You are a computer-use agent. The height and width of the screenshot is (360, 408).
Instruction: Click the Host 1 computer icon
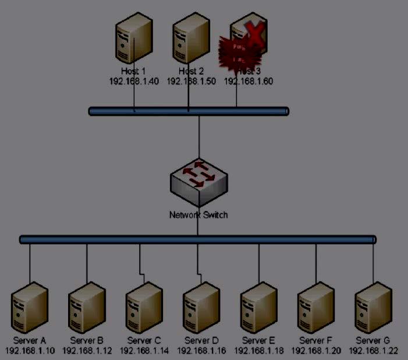134,38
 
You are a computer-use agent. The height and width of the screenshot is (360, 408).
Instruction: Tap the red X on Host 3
254,33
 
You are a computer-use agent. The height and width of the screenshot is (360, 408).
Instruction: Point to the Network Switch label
198,215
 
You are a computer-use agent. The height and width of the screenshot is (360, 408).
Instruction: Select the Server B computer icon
87,308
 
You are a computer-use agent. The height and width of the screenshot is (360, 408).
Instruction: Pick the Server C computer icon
144,308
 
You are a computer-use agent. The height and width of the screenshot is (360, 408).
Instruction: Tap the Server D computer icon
201,308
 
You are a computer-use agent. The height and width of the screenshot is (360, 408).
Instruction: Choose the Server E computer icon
258,308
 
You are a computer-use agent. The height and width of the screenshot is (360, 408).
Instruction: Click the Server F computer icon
315,308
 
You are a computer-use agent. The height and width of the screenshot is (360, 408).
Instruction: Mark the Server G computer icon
372,308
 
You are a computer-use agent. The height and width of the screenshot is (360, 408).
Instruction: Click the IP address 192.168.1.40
134,81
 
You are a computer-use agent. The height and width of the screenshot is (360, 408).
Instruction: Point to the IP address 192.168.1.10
30,351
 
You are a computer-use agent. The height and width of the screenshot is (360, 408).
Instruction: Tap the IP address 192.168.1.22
373,351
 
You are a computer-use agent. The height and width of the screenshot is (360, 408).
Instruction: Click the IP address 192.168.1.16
201,351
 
